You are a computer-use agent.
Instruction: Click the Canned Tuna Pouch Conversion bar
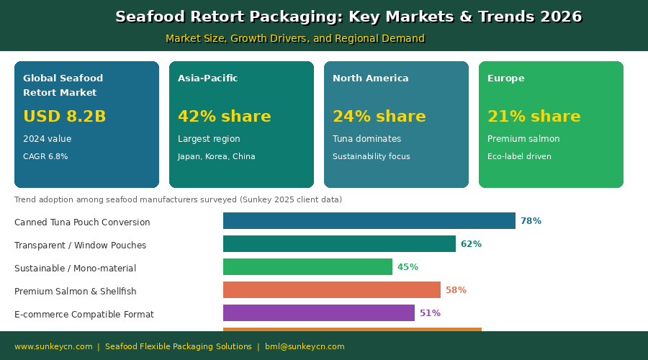click(x=369, y=221)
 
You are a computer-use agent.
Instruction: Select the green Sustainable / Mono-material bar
click(x=307, y=267)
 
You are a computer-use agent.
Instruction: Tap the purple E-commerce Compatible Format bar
click(x=318, y=313)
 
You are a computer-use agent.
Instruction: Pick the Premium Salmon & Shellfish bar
click(x=331, y=290)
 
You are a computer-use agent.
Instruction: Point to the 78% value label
click(x=531, y=221)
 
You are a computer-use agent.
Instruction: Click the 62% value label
click(x=471, y=244)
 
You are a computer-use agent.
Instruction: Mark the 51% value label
click(x=430, y=313)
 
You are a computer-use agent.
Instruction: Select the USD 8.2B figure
click(x=64, y=117)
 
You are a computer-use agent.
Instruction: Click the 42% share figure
click(x=224, y=117)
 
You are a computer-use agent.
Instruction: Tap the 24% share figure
click(x=379, y=117)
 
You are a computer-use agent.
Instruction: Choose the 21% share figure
click(x=534, y=117)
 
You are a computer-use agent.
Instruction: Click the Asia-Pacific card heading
click(x=207, y=78)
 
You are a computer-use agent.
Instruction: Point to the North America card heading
click(x=370, y=78)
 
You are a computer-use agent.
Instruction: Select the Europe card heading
click(x=505, y=78)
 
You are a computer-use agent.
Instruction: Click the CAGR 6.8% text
click(x=45, y=157)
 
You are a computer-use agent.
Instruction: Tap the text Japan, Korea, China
click(x=216, y=157)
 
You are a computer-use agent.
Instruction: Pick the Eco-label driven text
click(x=519, y=157)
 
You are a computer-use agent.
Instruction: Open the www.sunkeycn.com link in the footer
click(x=53, y=347)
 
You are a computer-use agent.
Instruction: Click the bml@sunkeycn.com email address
click(x=305, y=347)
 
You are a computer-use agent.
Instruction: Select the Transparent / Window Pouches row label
click(x=80, y=246)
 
